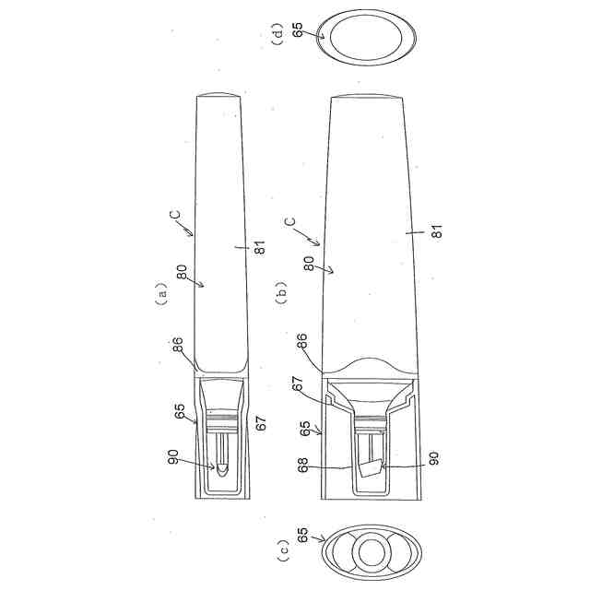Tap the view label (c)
[283, 550]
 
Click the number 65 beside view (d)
[297, 29]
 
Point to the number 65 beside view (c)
[302, 535]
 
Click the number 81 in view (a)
[260, 247]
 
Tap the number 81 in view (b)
[436, 231]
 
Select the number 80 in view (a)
[182, 273]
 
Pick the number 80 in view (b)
[309, 264]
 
